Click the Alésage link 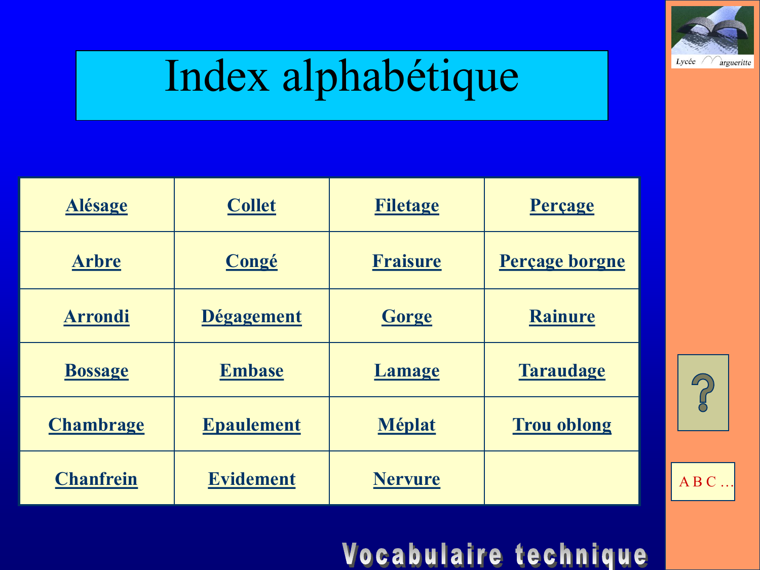click(97, 206)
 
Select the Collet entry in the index click(252, 205)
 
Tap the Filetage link click(407, 206)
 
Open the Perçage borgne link click(562, 261)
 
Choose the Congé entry click(252, 261)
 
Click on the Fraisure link click(407, 261)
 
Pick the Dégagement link click(252, 317)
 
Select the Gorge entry click(407, 317)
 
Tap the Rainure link click(562, 316)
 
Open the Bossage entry click(97, 371)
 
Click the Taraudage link click(562, 371)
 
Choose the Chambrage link click(97, 425)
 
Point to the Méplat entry click(407, 425)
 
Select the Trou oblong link click(562, 425)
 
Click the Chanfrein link click(97, 479)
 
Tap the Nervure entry click(407, 479)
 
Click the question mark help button click(703, 393)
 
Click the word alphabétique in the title click(401, 78)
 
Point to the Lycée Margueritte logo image click(712, 37)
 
